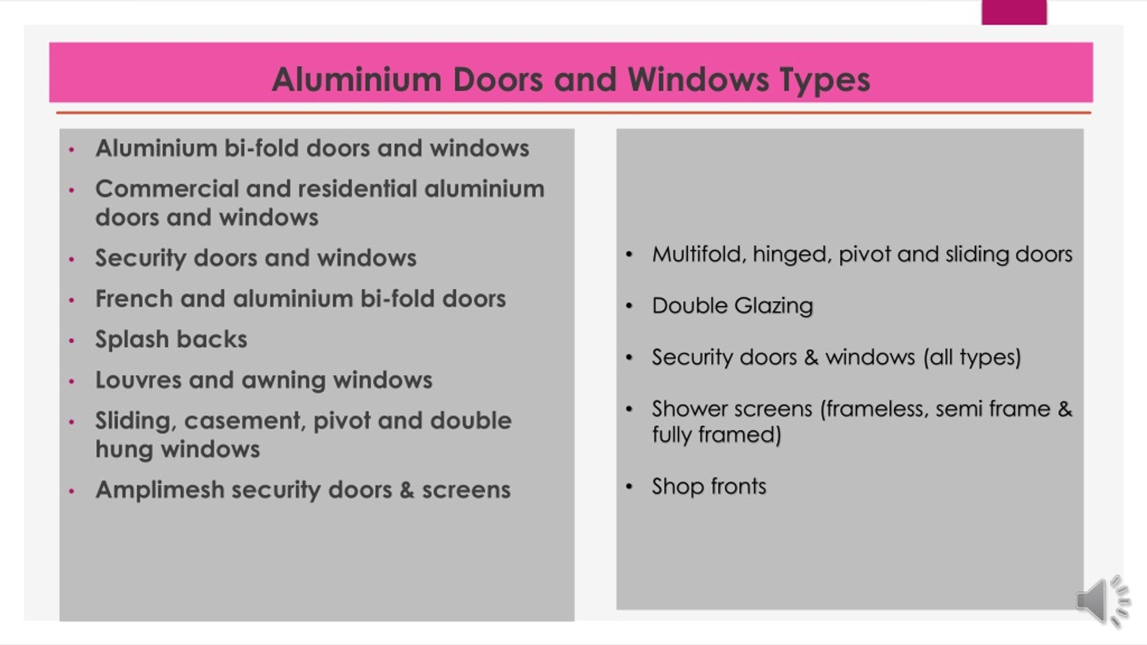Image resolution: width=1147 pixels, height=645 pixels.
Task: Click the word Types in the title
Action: tap(825, 81)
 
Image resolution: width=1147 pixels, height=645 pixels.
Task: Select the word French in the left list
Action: tap(134, 298)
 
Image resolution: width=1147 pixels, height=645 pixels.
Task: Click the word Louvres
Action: tap(138, 380)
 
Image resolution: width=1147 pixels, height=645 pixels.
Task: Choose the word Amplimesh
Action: tap(160, 490)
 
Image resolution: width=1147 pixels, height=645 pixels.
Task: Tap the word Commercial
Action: tap(167, 189)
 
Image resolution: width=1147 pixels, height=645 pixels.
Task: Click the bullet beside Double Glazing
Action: tap(629, 306)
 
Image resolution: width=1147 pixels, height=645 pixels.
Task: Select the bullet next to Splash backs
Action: tap(72, 340)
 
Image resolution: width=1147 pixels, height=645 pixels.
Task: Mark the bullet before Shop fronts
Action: tap(629, 486)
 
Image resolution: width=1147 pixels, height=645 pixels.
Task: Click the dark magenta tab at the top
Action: tap(1014, 12)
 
